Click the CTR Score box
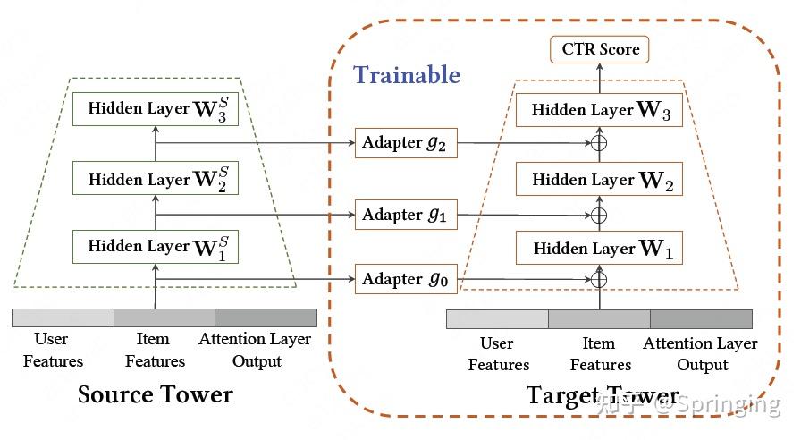pos(599,49)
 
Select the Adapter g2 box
pos(406,142)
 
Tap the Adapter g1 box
pos(406,215)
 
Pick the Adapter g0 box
pos(406,279)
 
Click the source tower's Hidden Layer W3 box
pos(156,109)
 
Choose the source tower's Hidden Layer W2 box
pos(156,178)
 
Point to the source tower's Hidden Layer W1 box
pos(156,247)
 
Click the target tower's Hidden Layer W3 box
pos(599,110)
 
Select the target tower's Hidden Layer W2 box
pos(599,179)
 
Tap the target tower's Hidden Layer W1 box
pos(599,248)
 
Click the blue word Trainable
pos(407,75)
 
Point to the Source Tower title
pos(156,394)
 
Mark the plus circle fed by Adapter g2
pos(599,143)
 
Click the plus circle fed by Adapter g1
pos(599,216)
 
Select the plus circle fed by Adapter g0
pos(599,280)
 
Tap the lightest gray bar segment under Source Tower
pos(63,317)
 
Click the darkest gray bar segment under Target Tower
pos(702,319)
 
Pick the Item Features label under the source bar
pos(155,350)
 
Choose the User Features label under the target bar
pos(499,353)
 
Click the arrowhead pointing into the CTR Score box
pos(600,67)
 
